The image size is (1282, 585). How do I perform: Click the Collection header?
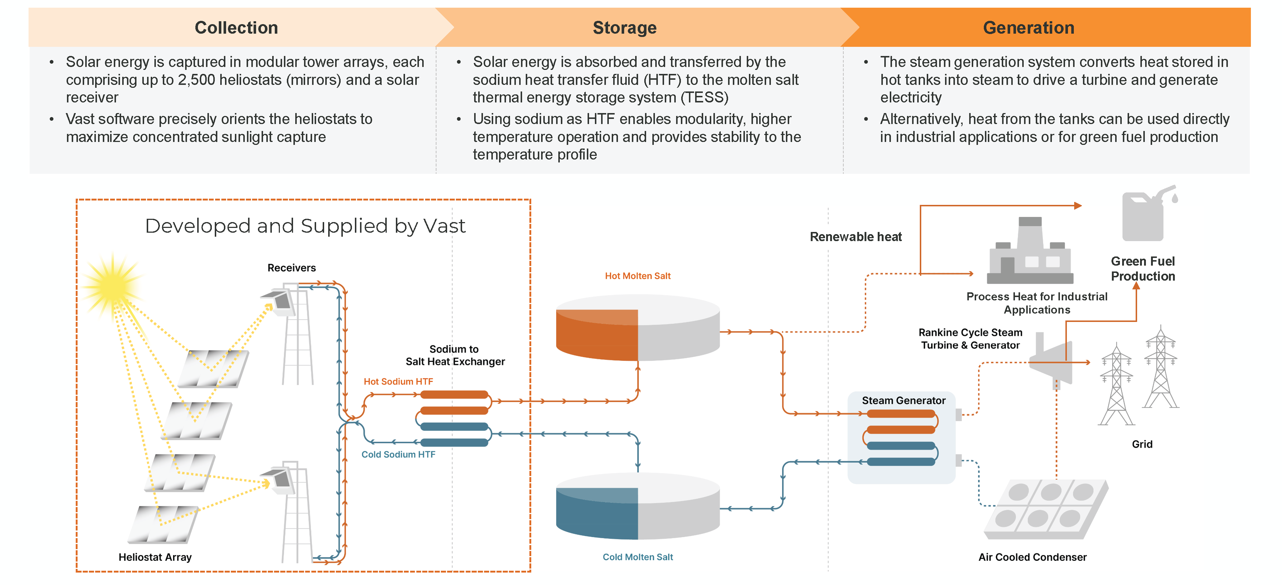(x=236, y=27)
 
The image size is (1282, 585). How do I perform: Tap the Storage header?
(x=624, y=27)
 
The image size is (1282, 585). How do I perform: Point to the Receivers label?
(x=291, y=268)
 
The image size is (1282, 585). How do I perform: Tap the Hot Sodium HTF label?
(x=398, y=381)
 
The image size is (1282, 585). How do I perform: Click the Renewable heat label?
(x=855, y=237)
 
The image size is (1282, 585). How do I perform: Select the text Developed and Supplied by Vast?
(x=305, y=226)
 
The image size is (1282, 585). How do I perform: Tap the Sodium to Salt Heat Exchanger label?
(x=454, y=355)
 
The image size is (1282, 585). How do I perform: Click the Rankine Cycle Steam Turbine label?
(x=970, y=338)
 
